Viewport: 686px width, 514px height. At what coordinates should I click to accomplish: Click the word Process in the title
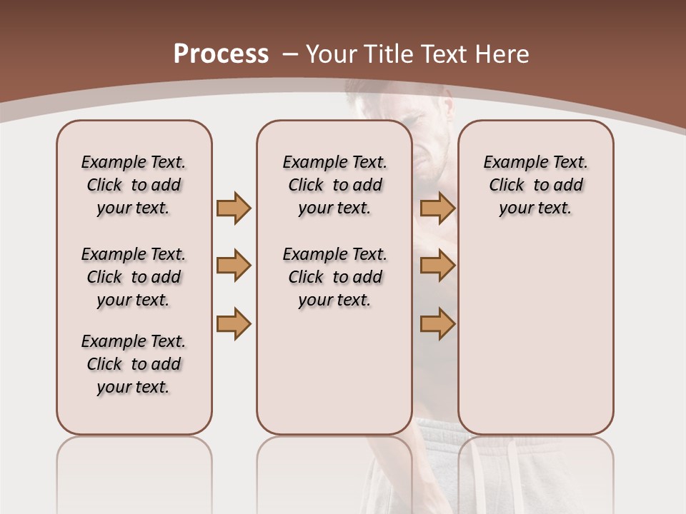pyautogui.click(x=221, y=54)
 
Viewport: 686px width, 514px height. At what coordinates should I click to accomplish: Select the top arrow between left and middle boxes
pyautogui.click(x=234, y=208)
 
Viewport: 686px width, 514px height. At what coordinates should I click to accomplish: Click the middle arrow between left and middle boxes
pyautogui.click(x=234, y=266)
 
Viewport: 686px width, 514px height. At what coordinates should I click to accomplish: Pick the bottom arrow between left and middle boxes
pyautogui.click(x=234, y=323)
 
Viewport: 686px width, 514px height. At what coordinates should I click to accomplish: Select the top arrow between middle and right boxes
pyautogui.click(x=437, y=208)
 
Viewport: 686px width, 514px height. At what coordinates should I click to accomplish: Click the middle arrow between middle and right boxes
pyautogui.click(x=437, y=266)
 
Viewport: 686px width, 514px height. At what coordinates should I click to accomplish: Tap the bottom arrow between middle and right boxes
pyautogui.click(x=437, y=323)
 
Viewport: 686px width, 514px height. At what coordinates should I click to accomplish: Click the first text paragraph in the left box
pyautogui.click(x=134, y=185)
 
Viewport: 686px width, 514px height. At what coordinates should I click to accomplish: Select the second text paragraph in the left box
pyautogui.click(x=134, y=277)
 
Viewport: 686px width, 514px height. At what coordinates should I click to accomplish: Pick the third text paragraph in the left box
pyautogui.click(x=134, y=364)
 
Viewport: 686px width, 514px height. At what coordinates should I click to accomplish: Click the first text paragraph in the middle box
pyautogui.click(x=334, y=185)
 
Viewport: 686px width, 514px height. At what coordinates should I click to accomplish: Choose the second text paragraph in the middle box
pyautogui.click(x=334, y=277)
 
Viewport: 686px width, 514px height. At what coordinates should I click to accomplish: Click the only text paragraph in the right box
pyautogui.click(x=535, y=185)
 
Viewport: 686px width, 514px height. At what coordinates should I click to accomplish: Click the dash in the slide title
pyautogui.click(x=290, y=54)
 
